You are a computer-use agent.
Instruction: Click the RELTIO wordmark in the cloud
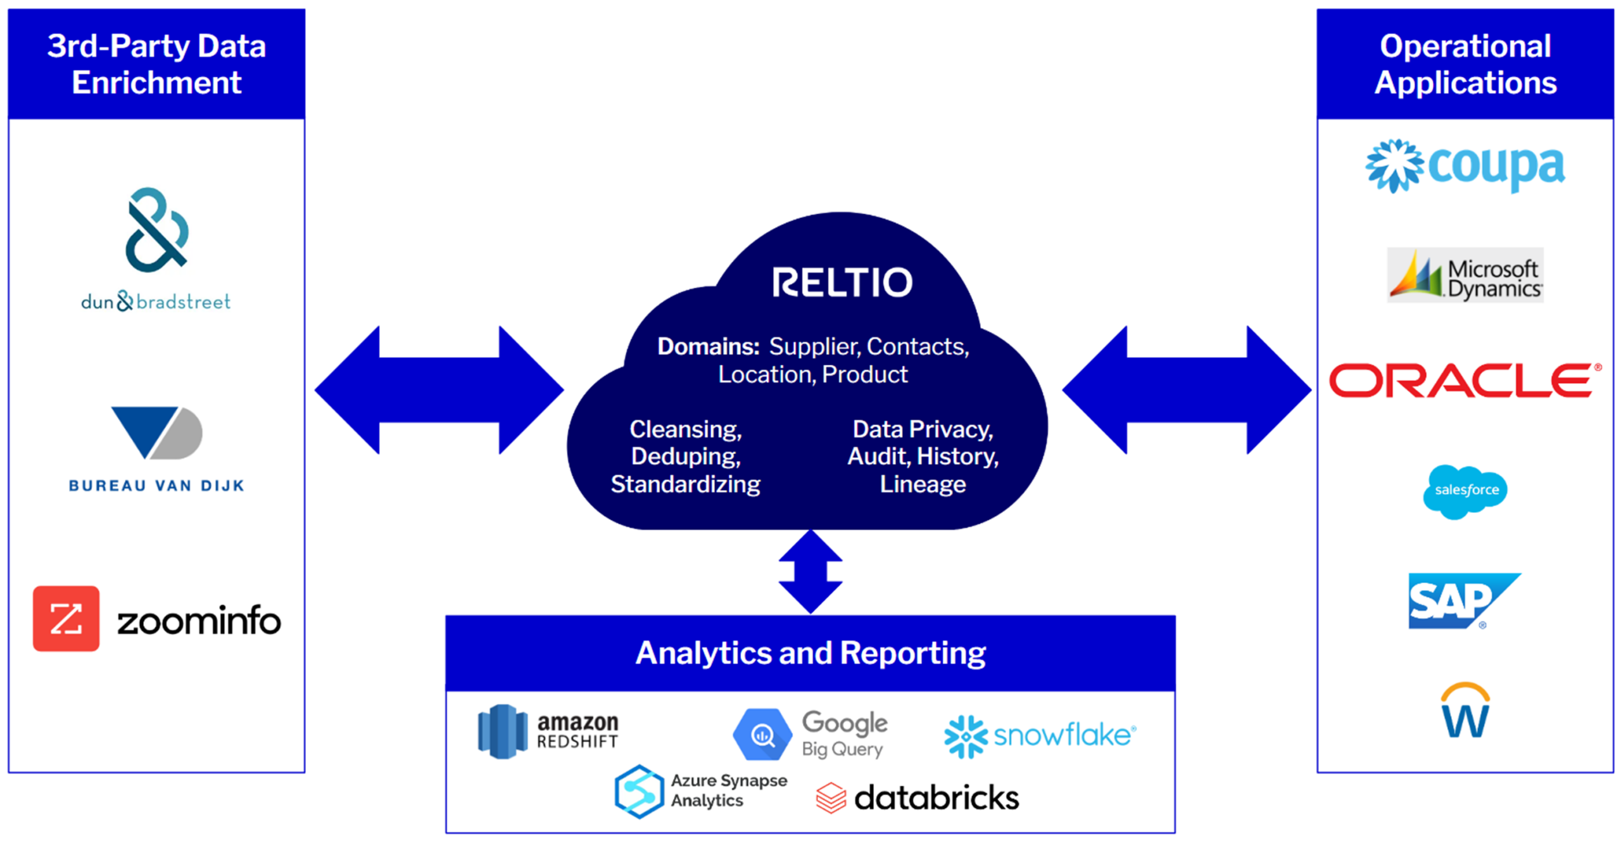(x=842, y=282)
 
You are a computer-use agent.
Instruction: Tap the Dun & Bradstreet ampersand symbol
(x=156, y=230)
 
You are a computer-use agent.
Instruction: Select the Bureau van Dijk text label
(x=156, y=486)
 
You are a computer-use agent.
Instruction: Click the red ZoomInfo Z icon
(x=66, y=618)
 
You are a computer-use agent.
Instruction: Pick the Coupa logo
(x=1465, y=166)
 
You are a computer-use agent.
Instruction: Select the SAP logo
(x=1458, y=600)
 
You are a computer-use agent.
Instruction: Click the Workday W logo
(x=1465, y=711)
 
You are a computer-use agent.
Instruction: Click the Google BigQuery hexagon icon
(x=762, y=735)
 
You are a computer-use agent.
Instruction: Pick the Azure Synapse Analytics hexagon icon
(x=638, y=791)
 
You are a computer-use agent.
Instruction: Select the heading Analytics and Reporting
(x=810, y=653)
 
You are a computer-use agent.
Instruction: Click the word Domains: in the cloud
(x=708, y=346)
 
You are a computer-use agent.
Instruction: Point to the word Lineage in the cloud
(x=923, y=484)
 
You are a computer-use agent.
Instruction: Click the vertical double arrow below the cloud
(x=810, y=571)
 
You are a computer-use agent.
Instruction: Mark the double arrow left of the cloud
(x=439, y=389)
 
